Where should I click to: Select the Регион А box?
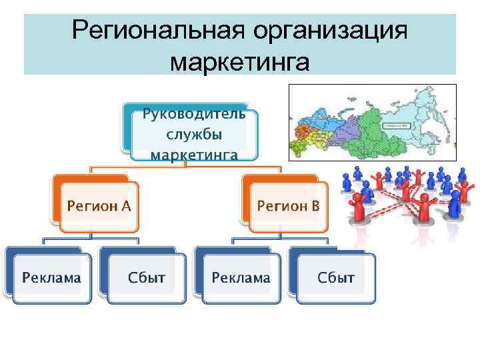98,206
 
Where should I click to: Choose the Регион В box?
289,206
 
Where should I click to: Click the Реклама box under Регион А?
51,277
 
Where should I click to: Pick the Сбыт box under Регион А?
146,277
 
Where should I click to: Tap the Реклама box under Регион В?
241,277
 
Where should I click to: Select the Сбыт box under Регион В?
336,277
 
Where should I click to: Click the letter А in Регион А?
125,206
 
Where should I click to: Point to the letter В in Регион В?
315,206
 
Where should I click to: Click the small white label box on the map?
397,125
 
